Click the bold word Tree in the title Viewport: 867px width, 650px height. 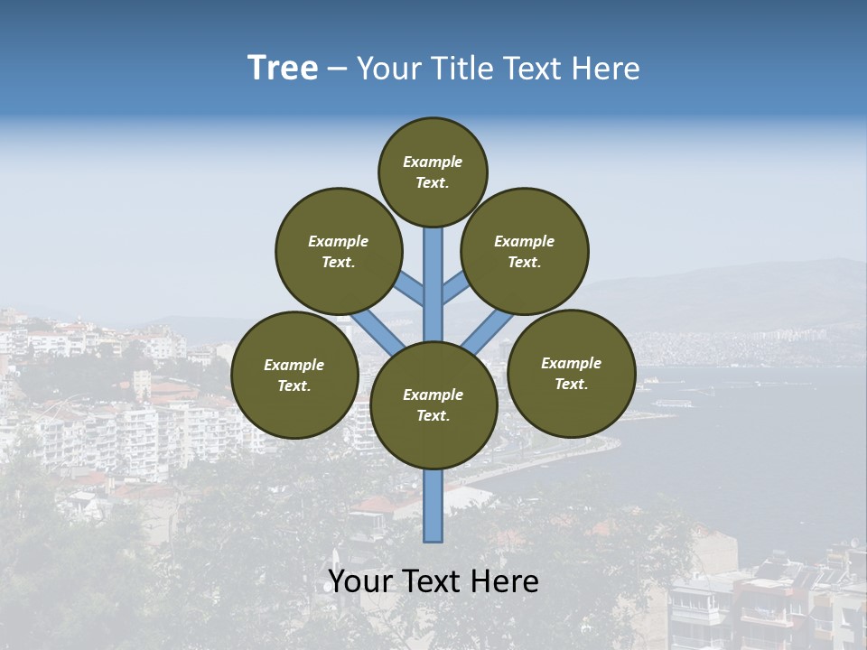click(283, 68)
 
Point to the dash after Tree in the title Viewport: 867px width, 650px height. click(338, 70)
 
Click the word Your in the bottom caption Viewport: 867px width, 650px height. click(360, 581)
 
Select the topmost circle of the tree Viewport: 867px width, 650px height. click(433, 172)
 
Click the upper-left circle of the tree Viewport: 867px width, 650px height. click(339, 251)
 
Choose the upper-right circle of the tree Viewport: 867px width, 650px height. click(525, 251)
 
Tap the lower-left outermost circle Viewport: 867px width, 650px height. click(294, 375)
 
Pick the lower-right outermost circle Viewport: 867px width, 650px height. click(571, 373)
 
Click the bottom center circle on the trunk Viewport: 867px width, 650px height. click(433, 404)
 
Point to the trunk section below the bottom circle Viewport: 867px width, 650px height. click(433, 506)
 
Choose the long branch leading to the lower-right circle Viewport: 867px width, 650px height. click(488, 332)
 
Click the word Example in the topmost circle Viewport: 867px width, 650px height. click(433, 162)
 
